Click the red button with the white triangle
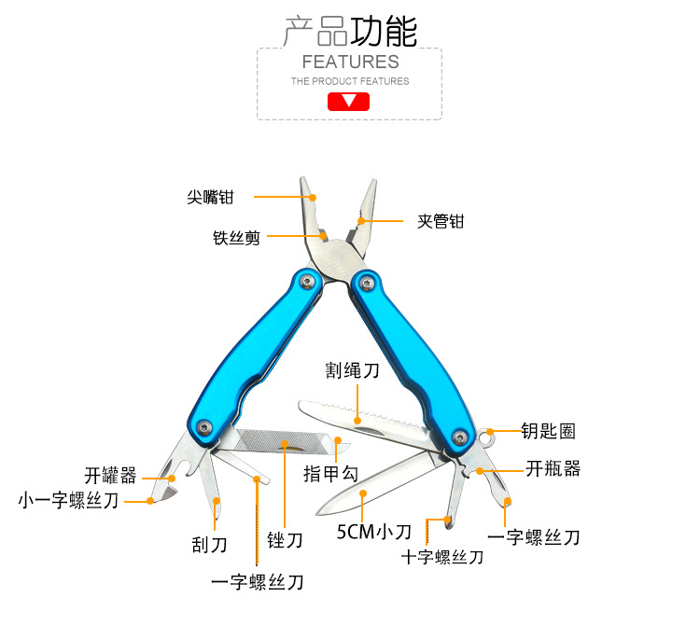[349, 101]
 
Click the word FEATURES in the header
[350, 62]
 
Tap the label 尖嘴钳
[209, 198]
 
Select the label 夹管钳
[440, 222]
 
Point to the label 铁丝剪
[236, 237]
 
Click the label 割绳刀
[352, 370]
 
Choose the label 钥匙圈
[548, 431]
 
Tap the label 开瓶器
[553, 468]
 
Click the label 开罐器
[110, 476]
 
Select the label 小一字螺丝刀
[69, 501]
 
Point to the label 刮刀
[209, 545]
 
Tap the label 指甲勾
[330, 474]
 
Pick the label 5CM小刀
[373, 533]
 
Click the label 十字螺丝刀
[442, 557]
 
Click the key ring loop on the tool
[487, 437]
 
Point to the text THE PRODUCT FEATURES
[350, 81]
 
